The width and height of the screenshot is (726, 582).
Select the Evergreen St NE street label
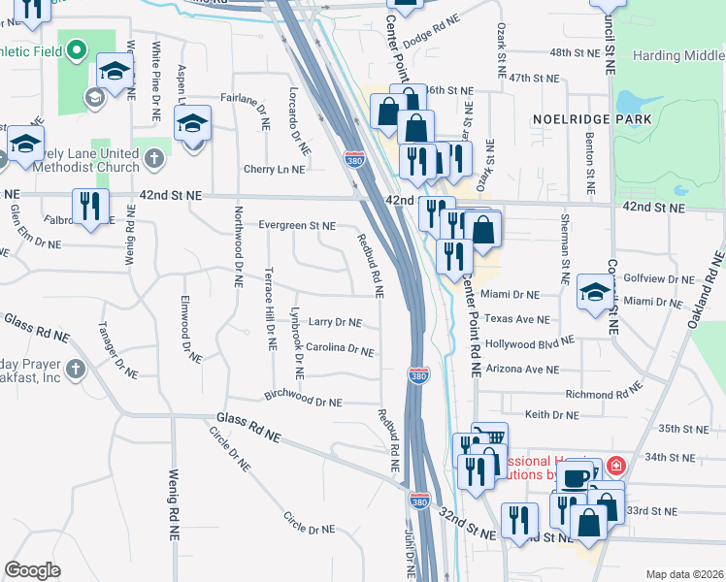point(296,226)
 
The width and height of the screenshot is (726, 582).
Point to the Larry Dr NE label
point(335,322)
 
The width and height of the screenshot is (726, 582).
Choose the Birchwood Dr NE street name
point(303,400)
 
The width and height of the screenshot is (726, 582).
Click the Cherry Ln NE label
point(275,169)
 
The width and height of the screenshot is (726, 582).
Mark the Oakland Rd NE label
point(707,288)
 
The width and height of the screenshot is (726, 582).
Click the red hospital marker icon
point(613,468)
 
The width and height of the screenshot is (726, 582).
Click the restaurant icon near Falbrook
point(91,207)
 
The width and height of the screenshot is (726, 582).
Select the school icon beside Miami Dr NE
point(595,291)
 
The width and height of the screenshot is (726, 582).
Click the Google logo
point(32,570)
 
